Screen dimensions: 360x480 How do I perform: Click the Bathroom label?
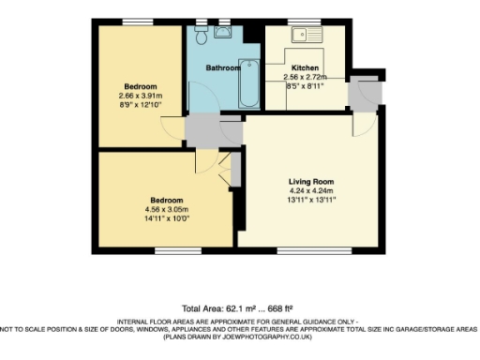(223, 67)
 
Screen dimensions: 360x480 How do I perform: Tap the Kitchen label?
(306, 68)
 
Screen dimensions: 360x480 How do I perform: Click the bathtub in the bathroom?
(250, 84)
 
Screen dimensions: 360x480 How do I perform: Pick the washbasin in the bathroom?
(223, 33)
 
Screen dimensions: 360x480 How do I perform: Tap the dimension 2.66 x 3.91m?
(141, 96)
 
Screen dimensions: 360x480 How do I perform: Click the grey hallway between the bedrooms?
(202, 129)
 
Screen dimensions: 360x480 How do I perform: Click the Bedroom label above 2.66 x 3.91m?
(141, 86)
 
